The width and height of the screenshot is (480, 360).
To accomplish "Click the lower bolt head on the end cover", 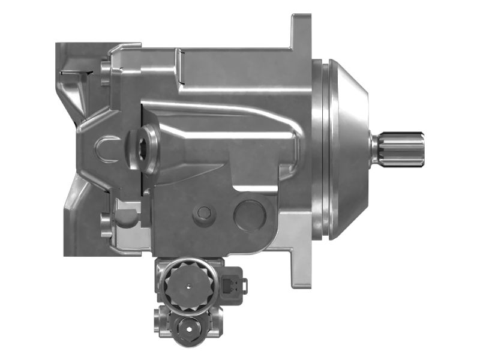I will (x=106, y=224).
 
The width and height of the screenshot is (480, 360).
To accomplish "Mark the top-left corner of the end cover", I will (x=58, y=46).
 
